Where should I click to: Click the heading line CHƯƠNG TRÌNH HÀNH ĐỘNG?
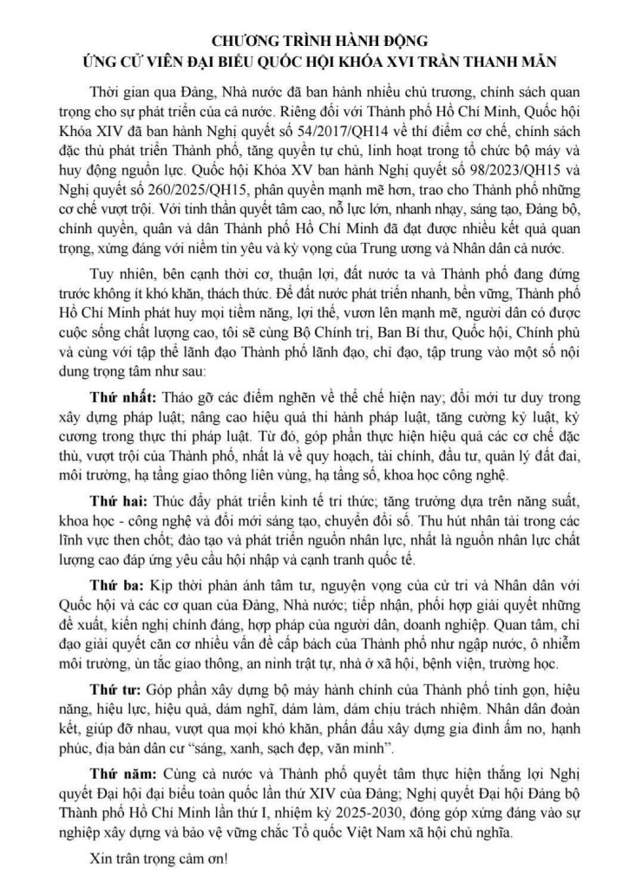click(320, 41)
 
